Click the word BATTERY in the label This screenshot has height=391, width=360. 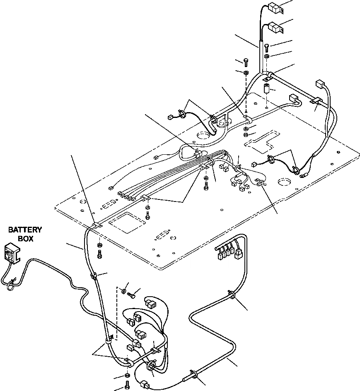click(x=26, y=230)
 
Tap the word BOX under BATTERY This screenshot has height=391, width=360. click(x=26, y=239)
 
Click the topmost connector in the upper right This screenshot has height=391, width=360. click(x=275, y=8)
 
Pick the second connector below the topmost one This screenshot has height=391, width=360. click(x=275, y=28)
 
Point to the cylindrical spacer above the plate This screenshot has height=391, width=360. click(x=268, y=89)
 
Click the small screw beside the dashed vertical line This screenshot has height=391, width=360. click(x=132, y=295)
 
